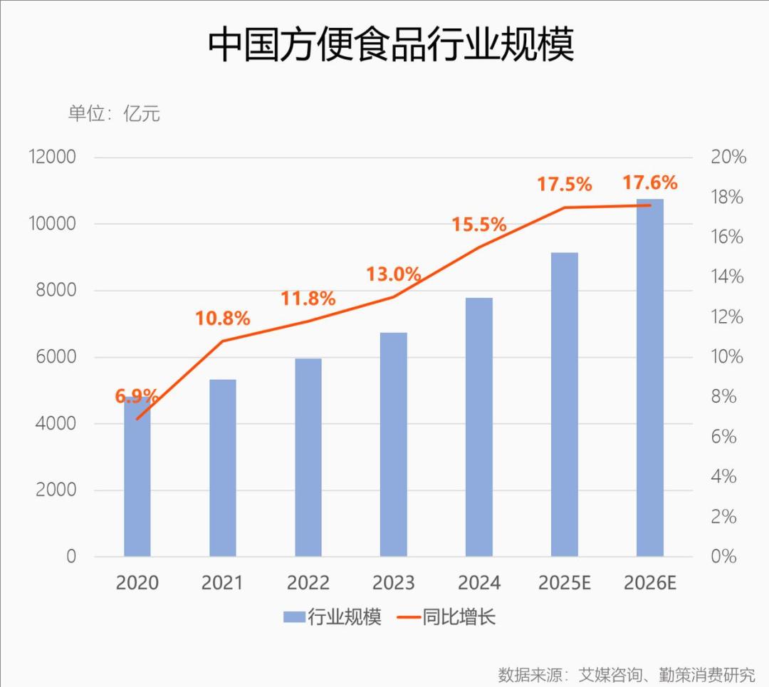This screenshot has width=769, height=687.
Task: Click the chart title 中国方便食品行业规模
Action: (391, 44)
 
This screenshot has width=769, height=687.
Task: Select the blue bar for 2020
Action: (137, 477)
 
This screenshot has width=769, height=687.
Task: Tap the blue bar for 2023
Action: (393, 445)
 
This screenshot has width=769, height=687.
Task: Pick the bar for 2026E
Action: (650, 378)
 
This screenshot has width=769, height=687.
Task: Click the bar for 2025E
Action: (565, 405)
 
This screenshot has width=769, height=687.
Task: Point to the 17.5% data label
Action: (565, 185)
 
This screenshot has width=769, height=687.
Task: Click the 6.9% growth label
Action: (137, 396)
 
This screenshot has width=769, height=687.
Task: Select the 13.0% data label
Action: (393, 274)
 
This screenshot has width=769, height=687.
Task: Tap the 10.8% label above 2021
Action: (223, 319)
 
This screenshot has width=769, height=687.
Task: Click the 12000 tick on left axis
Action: (53, 157)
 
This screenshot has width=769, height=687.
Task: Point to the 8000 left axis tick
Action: (56, 290)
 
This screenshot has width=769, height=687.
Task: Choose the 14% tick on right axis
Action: (728, 277)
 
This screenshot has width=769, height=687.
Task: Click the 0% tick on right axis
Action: (724, 557)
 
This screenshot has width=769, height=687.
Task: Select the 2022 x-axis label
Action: (308, 583)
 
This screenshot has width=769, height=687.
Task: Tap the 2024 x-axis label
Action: (479, 583)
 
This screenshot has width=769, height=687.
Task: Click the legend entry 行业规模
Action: (333, 617)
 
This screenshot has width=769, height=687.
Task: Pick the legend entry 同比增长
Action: (446, 617)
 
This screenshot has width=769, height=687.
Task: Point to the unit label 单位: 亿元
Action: (114, 113)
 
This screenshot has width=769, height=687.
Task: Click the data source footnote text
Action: (627, 675)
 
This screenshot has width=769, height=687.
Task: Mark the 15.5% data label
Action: (479, 224)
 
